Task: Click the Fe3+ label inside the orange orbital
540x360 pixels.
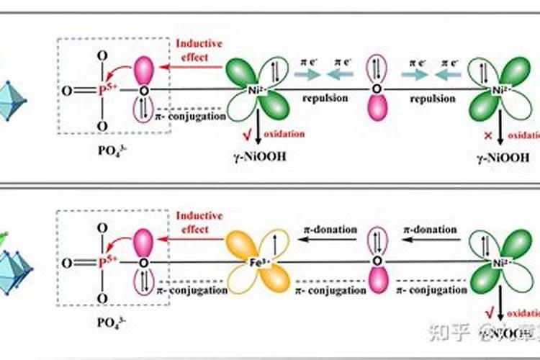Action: [258, 263]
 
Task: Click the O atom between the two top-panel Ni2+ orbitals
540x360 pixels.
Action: [375, 91]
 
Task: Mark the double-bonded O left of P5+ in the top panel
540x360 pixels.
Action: [66, 91]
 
